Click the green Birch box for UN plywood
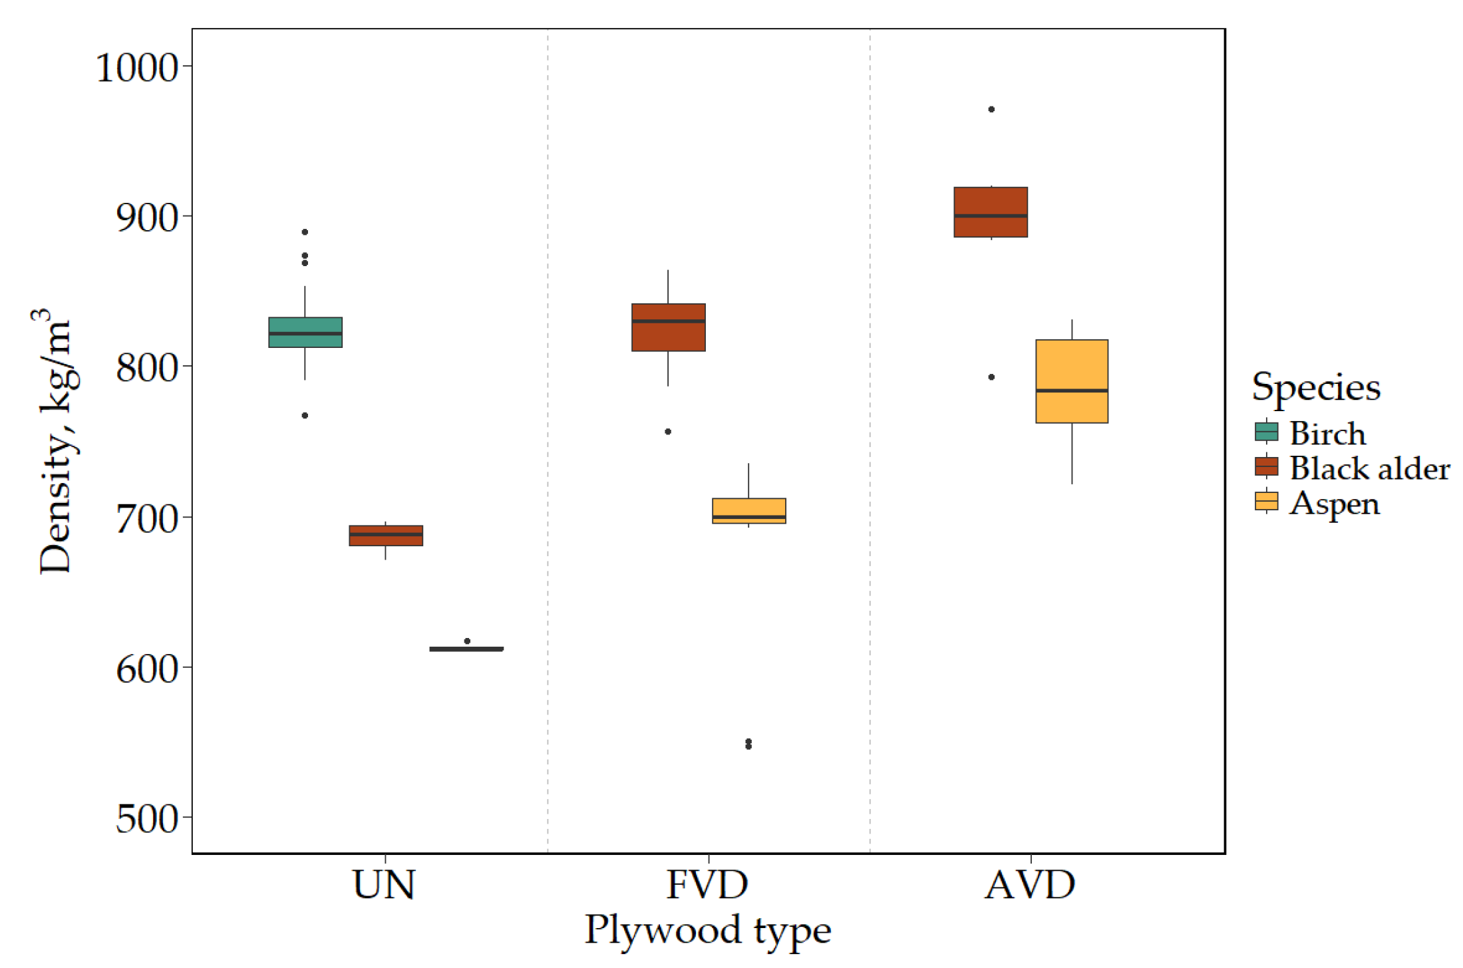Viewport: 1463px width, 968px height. (305, 332)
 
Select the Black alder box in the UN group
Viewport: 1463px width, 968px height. (386, 536)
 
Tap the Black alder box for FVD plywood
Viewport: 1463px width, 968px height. (668, 327)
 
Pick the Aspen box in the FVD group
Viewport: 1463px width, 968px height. (748, 511)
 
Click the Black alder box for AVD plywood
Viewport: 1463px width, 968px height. (991, 212)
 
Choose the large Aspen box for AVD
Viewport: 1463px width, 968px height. (1071, 381)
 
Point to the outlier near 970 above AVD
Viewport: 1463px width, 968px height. (991, 109)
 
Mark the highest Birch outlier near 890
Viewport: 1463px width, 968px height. (305, 232)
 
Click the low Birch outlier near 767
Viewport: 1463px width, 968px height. (305, 415)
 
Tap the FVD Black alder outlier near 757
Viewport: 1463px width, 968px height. (668, 432)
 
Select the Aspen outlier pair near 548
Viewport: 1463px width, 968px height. (748, 744)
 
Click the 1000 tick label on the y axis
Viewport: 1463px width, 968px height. (137, 67)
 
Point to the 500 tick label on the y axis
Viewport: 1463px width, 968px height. (147, 818)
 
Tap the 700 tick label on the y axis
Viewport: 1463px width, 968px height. (147, 519)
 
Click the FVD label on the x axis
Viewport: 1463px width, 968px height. (707, 885)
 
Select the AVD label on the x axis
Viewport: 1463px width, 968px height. (1030, 885)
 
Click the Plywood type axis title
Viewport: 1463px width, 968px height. (707, 929)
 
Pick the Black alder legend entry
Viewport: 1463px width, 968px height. (1369, 468)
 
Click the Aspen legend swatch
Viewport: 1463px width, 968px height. (1266, 502)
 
